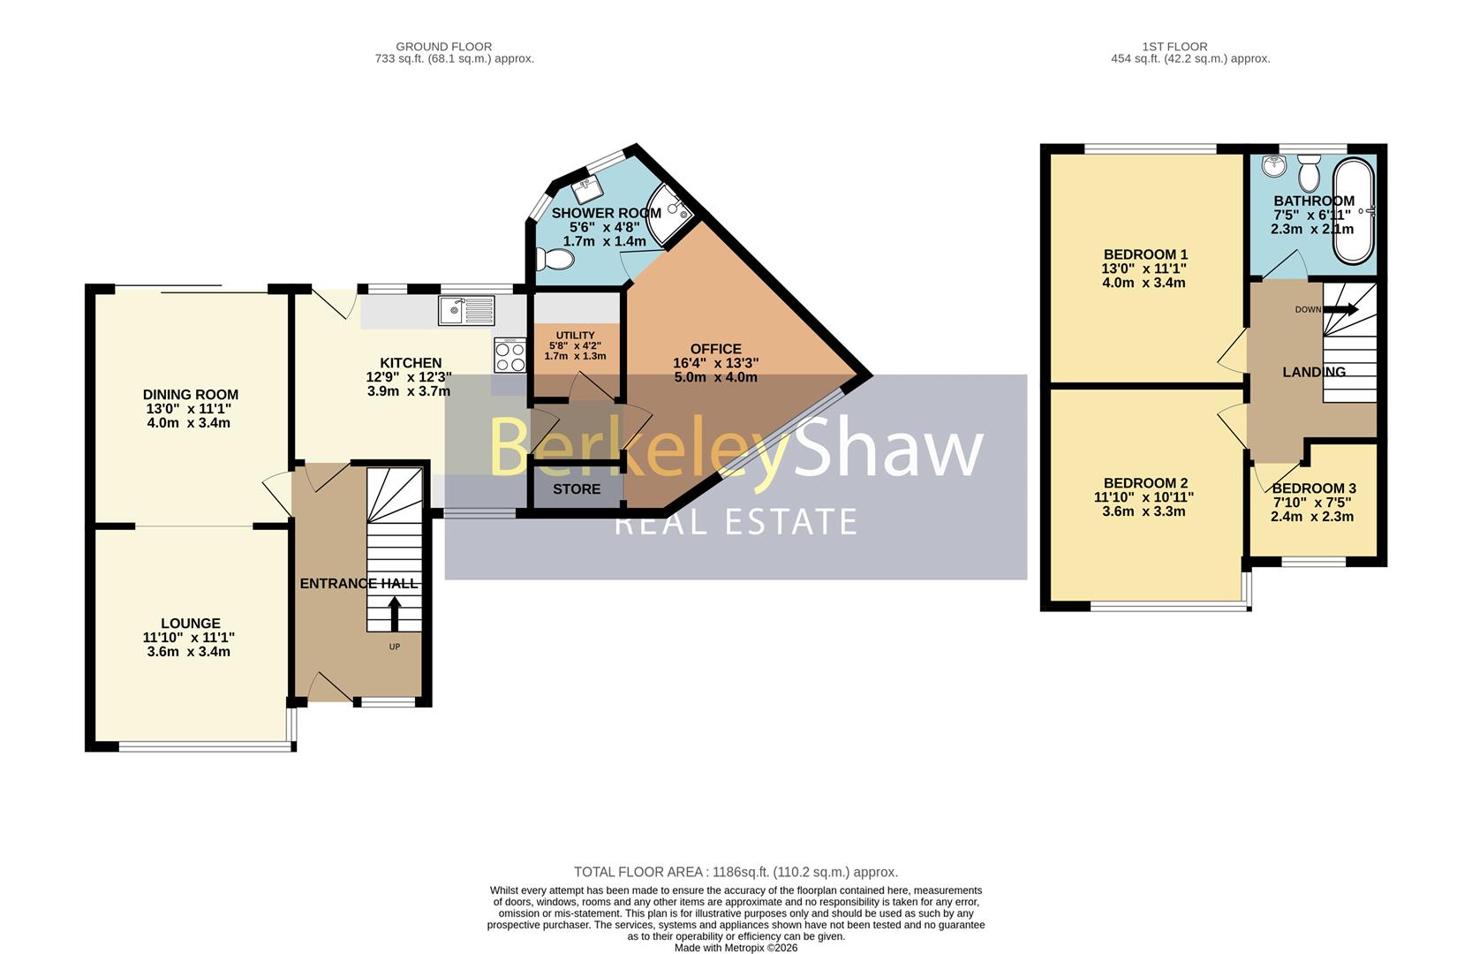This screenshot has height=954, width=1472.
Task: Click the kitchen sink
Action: pos(466,310)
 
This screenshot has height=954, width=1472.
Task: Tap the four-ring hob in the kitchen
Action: pos(510,356)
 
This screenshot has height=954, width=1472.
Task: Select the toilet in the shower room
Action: pos(555,259)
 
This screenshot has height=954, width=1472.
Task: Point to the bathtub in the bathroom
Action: pos(1353,211)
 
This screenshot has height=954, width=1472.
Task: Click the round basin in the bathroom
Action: pos(1274,166)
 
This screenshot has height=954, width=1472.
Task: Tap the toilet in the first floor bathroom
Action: pos(1309,172)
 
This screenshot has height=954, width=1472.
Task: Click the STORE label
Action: pos(577,489)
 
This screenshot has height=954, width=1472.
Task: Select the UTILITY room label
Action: pos(575,336)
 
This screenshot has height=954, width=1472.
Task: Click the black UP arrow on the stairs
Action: pos(395,613)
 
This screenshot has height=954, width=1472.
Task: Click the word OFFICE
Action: pos(715,349)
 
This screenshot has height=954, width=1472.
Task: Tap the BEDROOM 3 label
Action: pos(1314,488)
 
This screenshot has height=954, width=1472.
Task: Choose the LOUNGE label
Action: pos(191,624)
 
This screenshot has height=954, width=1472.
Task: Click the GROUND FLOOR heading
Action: pos(443,47)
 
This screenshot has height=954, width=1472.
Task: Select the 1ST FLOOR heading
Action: pos(1174,47)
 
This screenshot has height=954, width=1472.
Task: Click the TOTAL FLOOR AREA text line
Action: pos(736,872)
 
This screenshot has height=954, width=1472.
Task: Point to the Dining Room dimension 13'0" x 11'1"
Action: pos(189,408)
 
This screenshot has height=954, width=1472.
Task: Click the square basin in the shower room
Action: pos(587,190)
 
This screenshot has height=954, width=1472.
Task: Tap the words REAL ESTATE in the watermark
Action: pos(736,522)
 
